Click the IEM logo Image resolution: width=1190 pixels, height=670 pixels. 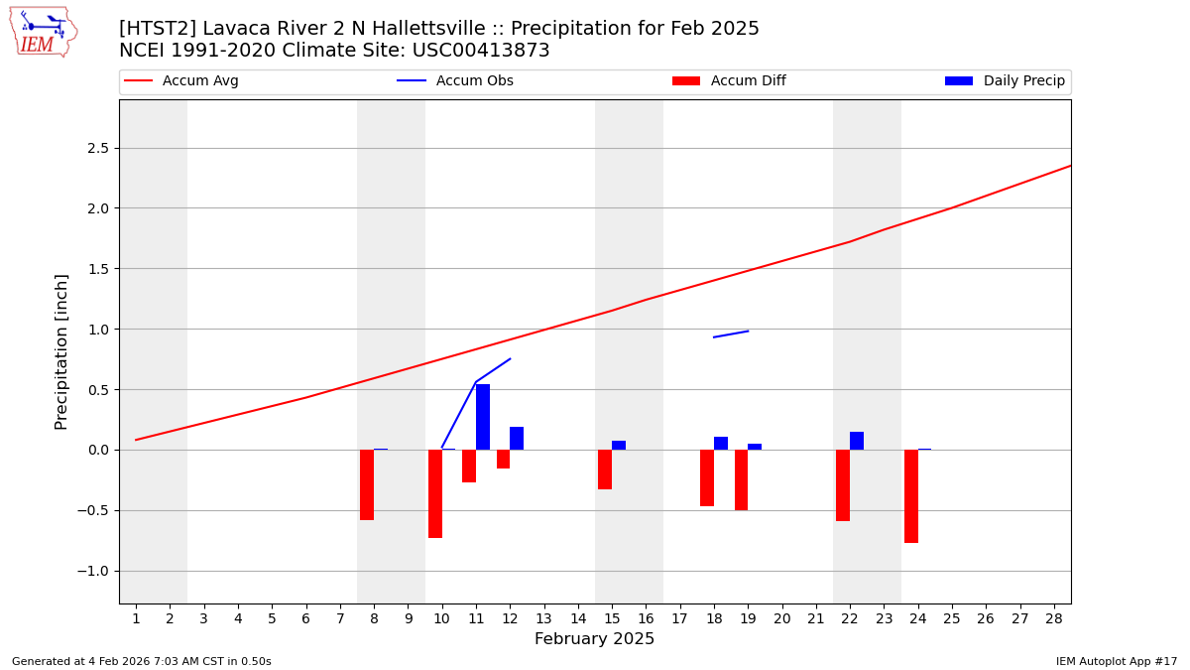[x=44, y=32]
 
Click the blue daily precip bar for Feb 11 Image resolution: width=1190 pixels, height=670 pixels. [x=483, y=417]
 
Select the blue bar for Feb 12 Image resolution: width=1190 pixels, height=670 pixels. [x=517, y=438]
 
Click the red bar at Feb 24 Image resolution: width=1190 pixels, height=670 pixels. [x=911, y=496]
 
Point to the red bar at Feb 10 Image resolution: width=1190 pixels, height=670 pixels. [x=435, y=493]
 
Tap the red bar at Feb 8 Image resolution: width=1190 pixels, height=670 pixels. [x=367, y=484]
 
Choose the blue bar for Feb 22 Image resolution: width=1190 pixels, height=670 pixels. [x=857, y=441]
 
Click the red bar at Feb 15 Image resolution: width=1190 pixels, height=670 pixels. [x=605, y=469]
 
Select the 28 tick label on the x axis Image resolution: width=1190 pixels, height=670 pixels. [x=1054, y=618]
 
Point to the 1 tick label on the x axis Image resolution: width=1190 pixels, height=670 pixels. [x=136, y=618]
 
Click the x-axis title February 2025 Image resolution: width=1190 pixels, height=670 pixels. [x=594, y=639]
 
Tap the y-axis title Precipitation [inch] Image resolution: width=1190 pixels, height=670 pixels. [x=61, y=351]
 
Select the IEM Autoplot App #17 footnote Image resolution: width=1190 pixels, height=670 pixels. [x=1116, y=661]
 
